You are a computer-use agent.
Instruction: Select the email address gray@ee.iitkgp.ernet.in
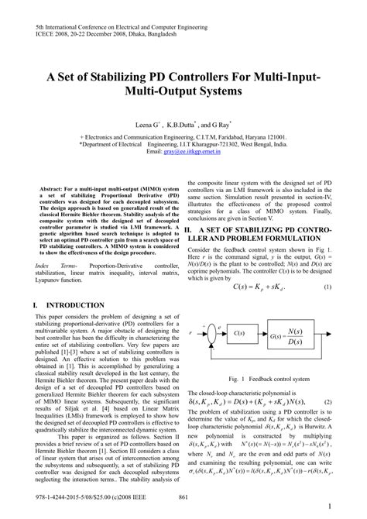(183, 152)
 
